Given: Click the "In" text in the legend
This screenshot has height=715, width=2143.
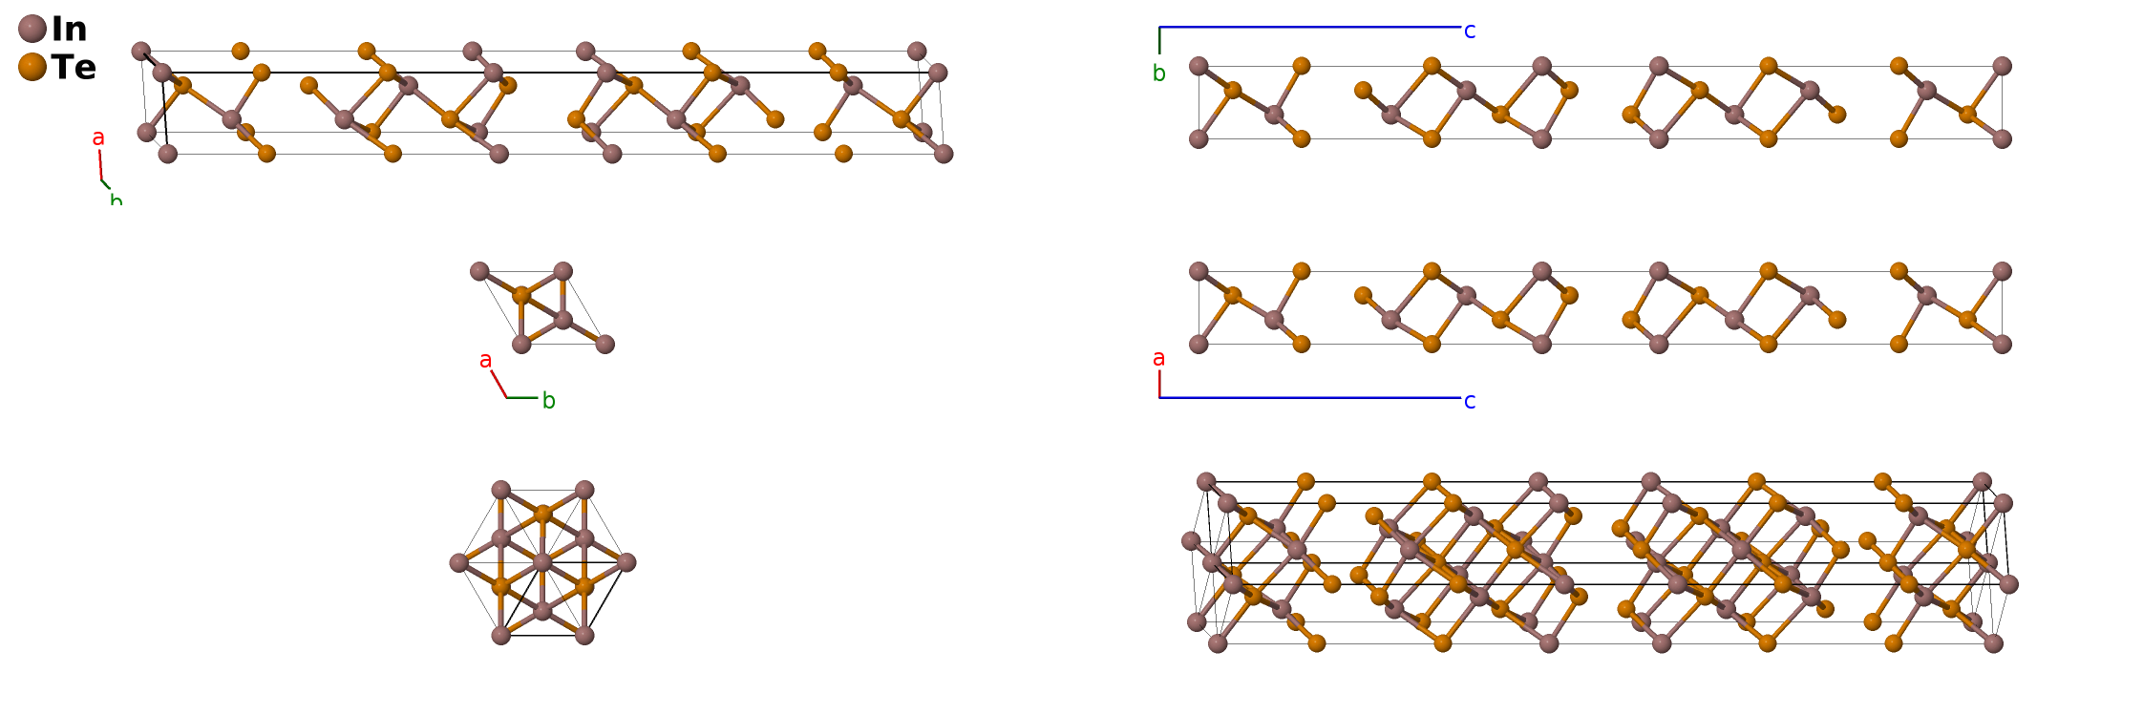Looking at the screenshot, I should pos(69,29).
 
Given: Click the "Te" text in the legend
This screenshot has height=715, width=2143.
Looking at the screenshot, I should pos(74,67).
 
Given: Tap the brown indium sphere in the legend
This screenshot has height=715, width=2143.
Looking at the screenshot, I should pos(32,29).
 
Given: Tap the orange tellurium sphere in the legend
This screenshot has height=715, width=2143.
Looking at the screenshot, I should pos(32,67).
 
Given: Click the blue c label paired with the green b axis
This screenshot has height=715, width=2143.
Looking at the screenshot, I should pos(1470,32).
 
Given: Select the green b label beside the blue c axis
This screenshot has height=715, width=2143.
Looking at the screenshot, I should pos(1158,74).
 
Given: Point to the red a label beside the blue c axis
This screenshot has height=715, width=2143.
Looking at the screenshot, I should pos(1158,358).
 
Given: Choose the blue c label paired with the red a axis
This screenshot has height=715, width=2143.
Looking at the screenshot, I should pos(1470,401).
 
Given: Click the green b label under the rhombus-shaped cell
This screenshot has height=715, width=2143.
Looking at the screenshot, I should pos(548,401).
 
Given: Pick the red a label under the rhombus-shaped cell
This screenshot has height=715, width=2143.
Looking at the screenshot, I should pos(485,360).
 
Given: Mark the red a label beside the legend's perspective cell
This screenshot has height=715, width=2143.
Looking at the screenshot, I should pos(97,138).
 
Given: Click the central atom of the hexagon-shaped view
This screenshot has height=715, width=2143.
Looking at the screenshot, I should pos(542,562).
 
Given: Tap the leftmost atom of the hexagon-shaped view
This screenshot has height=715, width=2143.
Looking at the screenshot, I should pos(458,562).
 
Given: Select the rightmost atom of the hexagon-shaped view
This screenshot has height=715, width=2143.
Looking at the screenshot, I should pos(626,562).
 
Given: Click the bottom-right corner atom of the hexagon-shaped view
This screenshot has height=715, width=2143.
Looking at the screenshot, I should pos(584,635).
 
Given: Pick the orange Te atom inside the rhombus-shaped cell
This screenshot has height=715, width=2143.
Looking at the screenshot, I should pos(521,295).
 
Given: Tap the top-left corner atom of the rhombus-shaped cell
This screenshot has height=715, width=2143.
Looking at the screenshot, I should pos(479,271).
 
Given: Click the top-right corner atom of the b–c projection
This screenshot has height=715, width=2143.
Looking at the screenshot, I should pos(2002,66).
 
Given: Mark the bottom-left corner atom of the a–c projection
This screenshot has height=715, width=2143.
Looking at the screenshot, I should pos(1199,344).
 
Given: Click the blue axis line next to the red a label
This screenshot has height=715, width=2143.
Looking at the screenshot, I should pos(1308,397).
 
